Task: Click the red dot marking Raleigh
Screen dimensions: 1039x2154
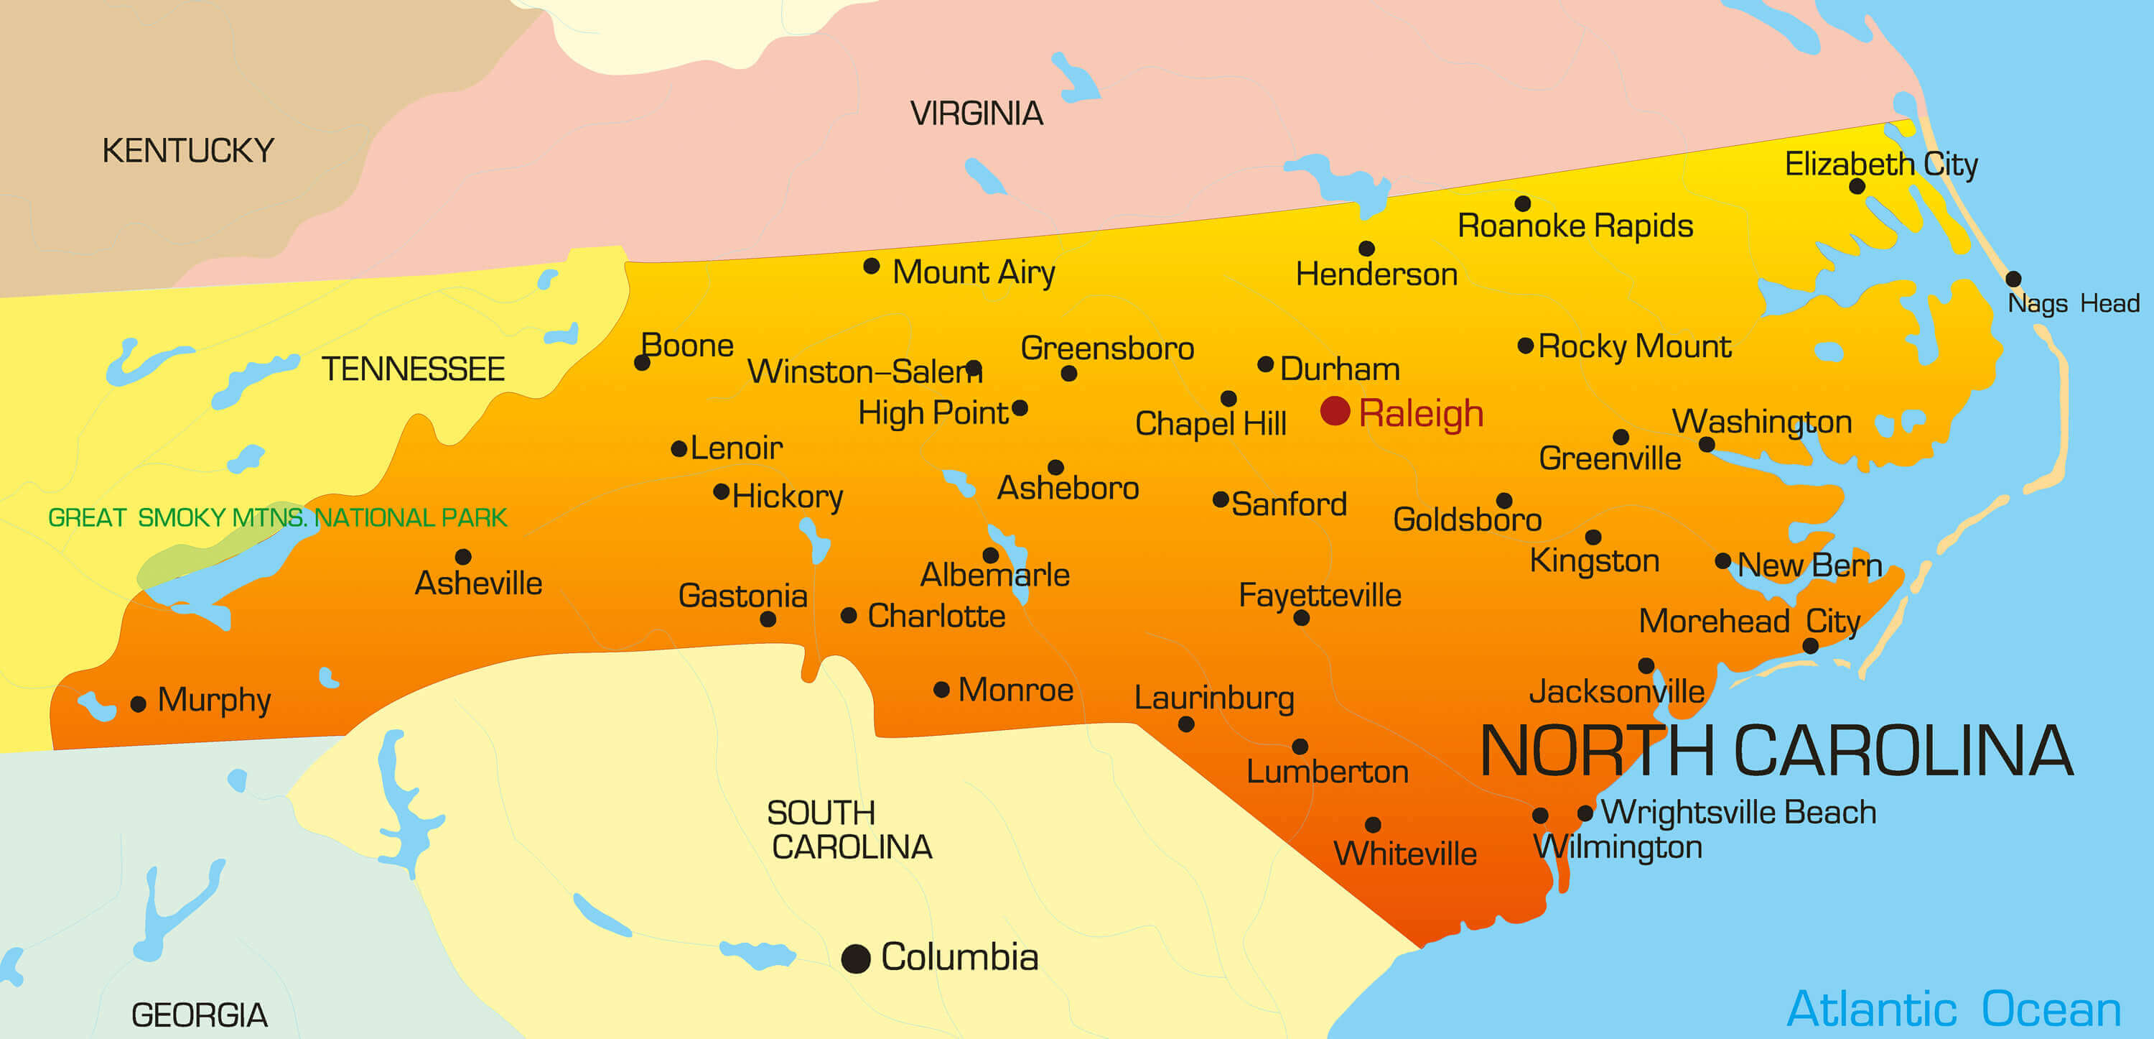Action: (1335, 411)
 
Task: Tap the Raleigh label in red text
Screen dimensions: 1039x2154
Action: (1421, 414)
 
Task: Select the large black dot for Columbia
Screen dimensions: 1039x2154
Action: (855, 958)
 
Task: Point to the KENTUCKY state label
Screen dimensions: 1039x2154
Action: (188, 152)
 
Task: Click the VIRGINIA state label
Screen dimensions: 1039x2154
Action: (976, 114)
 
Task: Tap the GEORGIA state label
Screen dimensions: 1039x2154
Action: (199, 1015)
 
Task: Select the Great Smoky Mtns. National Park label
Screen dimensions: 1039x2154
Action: (278, 518)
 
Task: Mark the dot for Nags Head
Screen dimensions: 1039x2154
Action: (2013, 279)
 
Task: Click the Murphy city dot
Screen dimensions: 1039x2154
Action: (139, 704)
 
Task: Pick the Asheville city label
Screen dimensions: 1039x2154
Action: (478, 583)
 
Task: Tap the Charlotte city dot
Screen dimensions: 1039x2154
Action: (849, 616)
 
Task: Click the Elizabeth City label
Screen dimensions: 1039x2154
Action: (1881, 164)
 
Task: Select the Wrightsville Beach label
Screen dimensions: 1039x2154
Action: (1738, 812)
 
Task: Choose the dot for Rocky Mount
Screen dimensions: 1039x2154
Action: (1525, 346)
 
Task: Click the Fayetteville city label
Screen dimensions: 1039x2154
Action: (1320, 596)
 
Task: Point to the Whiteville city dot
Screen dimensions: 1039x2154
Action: (1373, 825)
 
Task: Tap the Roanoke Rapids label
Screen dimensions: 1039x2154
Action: (1575, 226)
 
